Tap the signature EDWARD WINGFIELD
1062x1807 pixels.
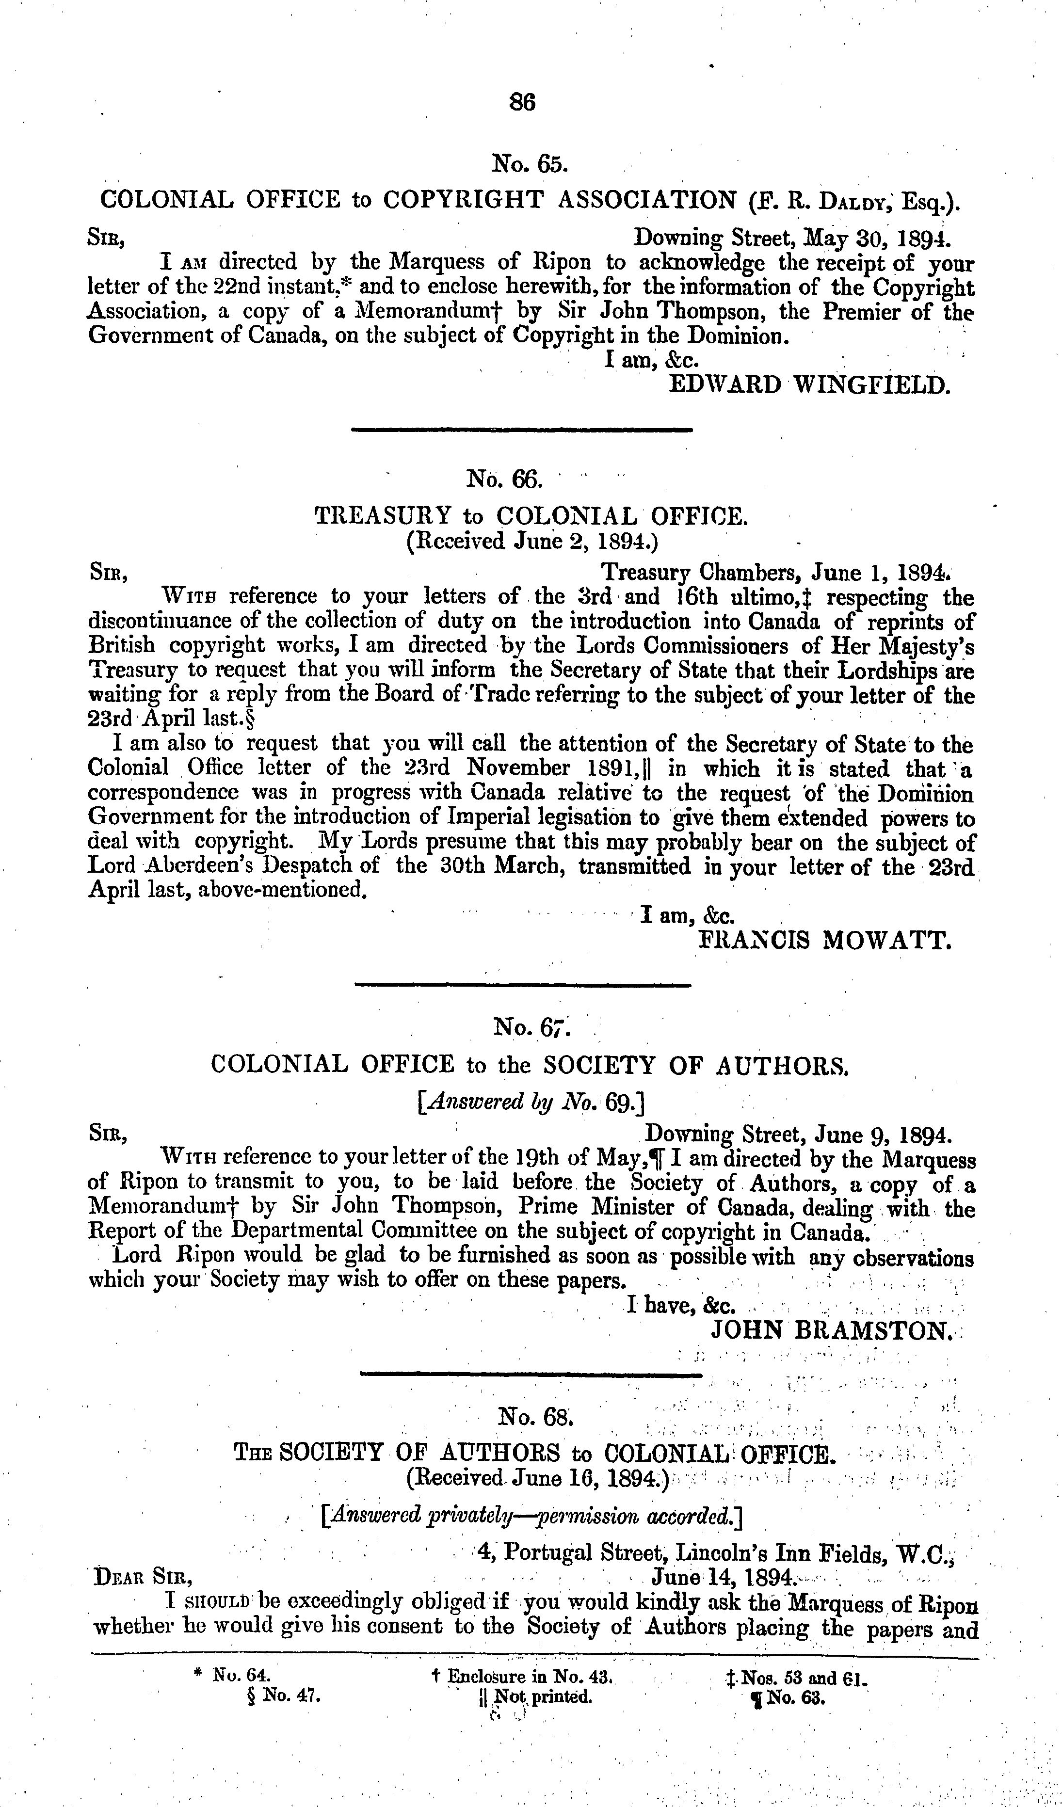(809, 385)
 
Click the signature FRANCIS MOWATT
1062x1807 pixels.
(825, 939)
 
